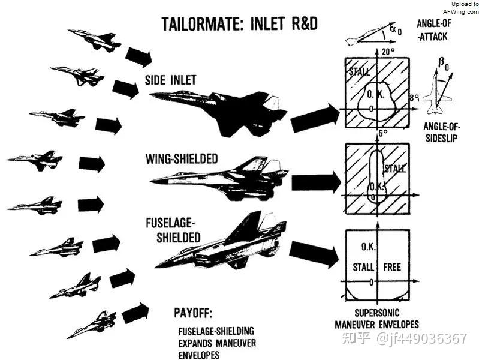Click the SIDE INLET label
(170, 80)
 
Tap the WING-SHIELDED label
(182, 159)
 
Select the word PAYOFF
(193, 313)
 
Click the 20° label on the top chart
(388, 52)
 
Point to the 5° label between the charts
(383, 134)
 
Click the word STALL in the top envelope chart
(359, 72)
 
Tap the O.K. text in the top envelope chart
(376, 95)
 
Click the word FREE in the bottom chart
(392, 267)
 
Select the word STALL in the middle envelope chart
(395, 168)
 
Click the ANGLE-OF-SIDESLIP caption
(441, 132)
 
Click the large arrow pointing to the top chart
(315, 118)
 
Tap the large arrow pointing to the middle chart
(316, 183)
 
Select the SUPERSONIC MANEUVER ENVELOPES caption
(376, 319)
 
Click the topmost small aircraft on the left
(95, 40)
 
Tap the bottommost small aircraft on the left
(92, 324)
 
